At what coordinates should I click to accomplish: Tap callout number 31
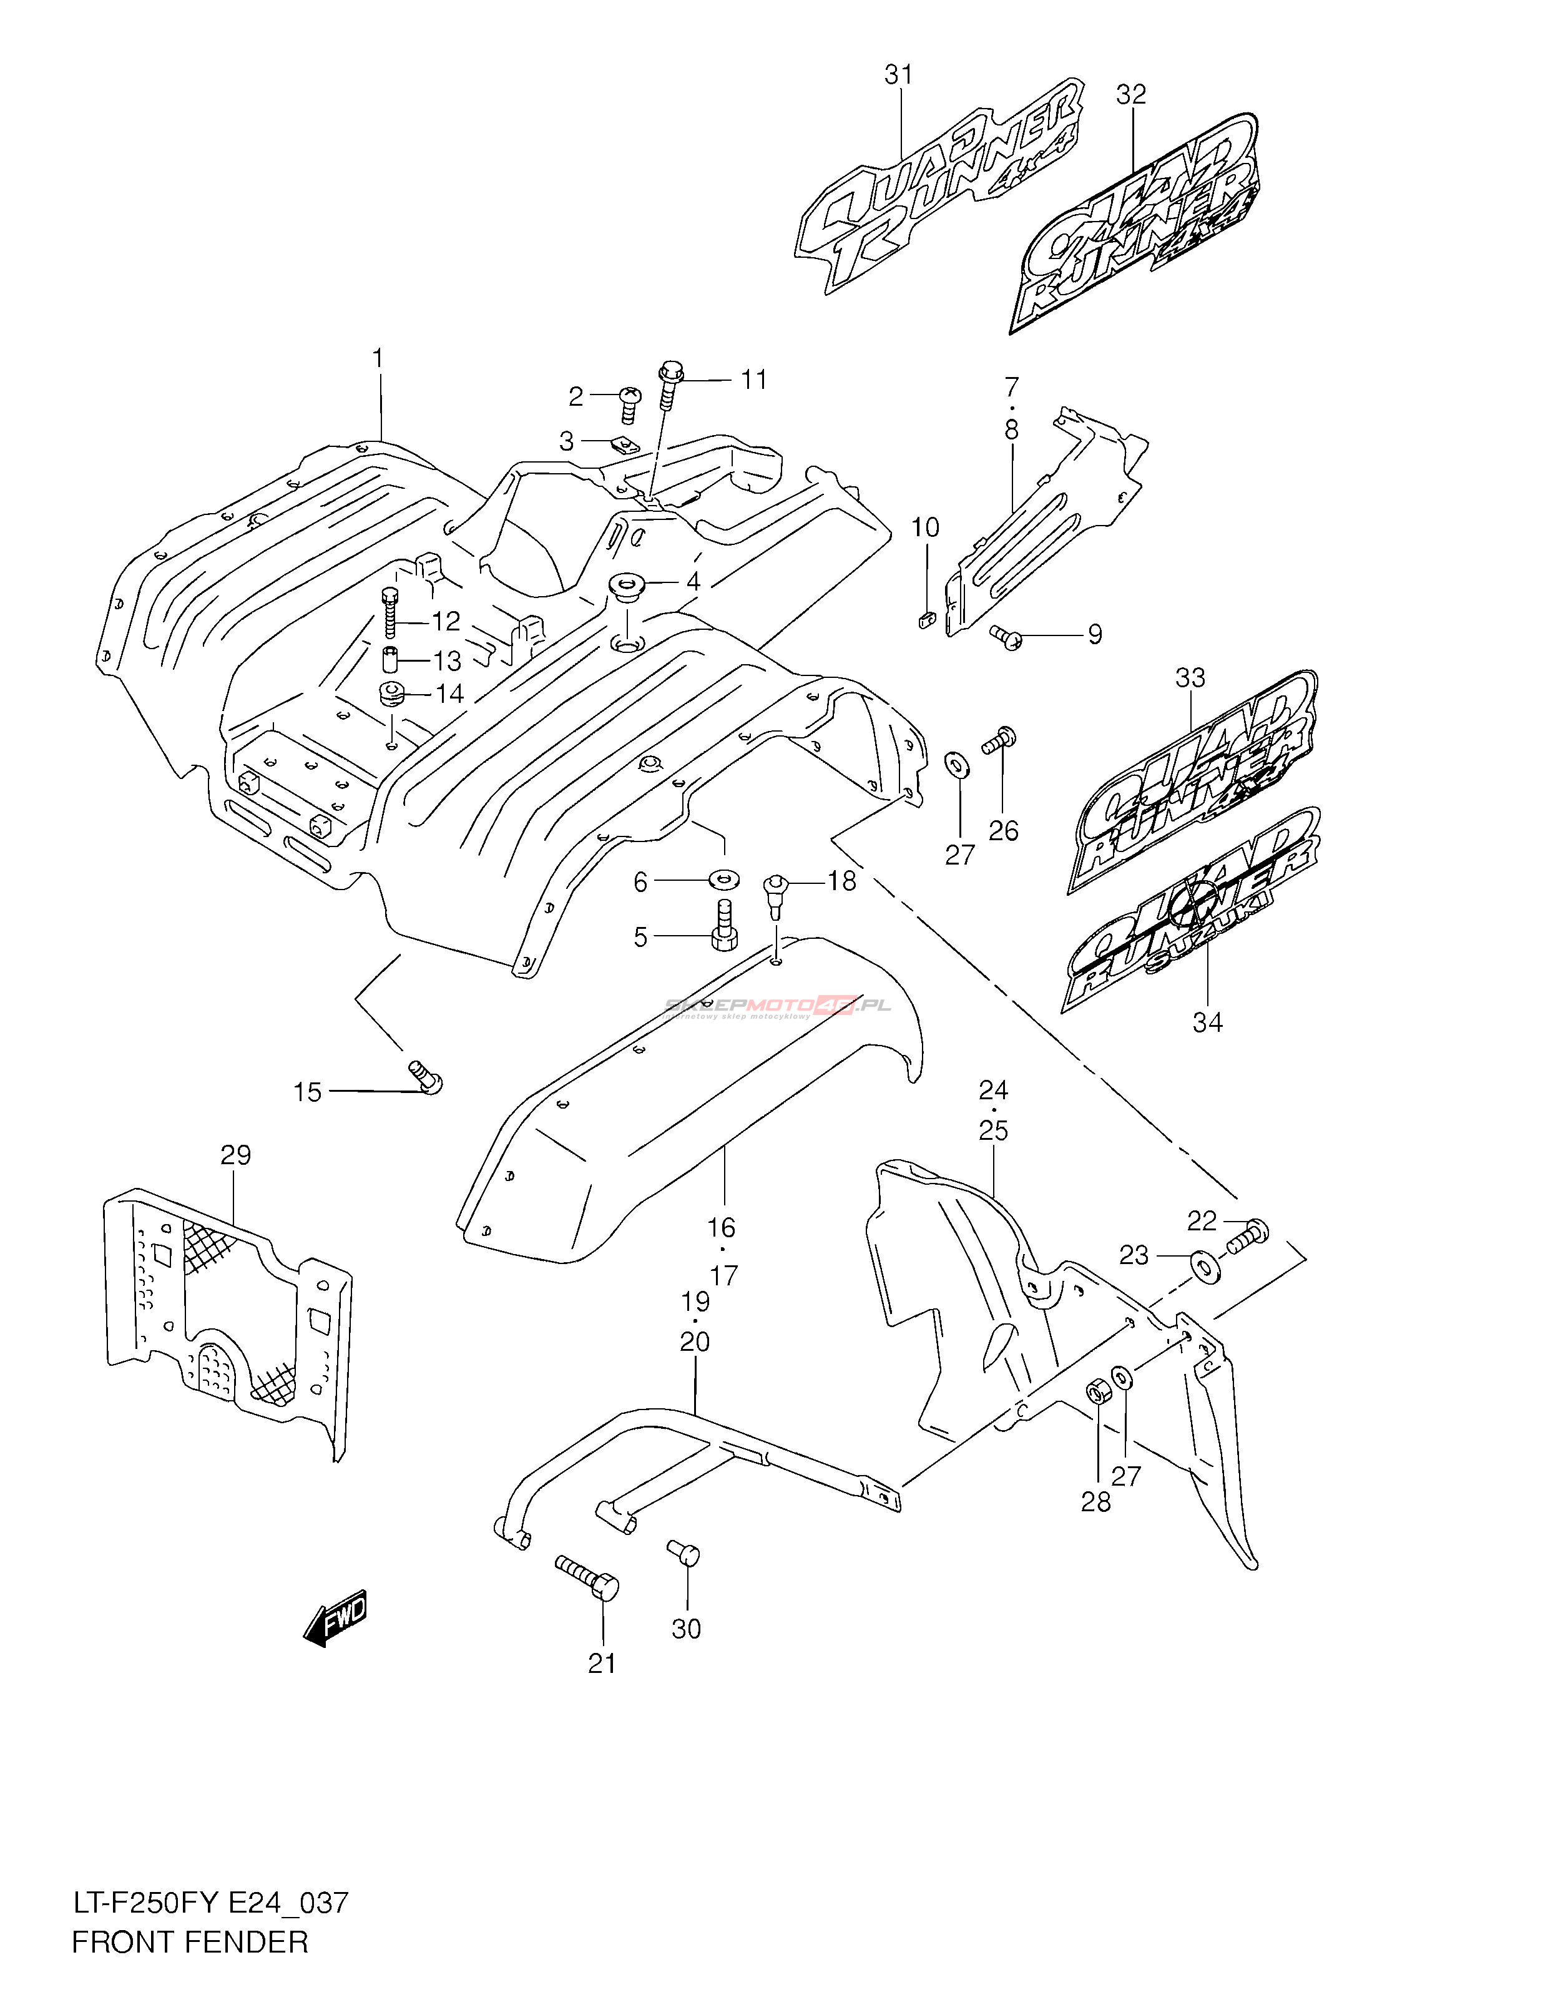tap(898, 75)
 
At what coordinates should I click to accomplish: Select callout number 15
tap(307, 1092)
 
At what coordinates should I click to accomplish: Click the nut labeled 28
tap(1099, 1391)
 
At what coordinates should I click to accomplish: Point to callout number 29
tap(235, 1154)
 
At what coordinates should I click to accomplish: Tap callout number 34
tap(1207, 1022)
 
